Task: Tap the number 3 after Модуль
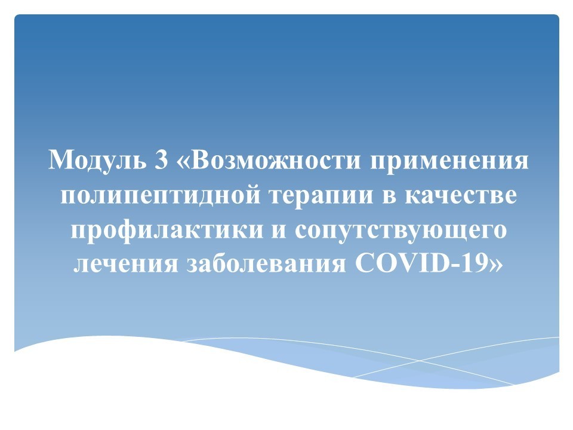161,160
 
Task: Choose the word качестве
461,196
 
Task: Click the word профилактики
167,231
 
